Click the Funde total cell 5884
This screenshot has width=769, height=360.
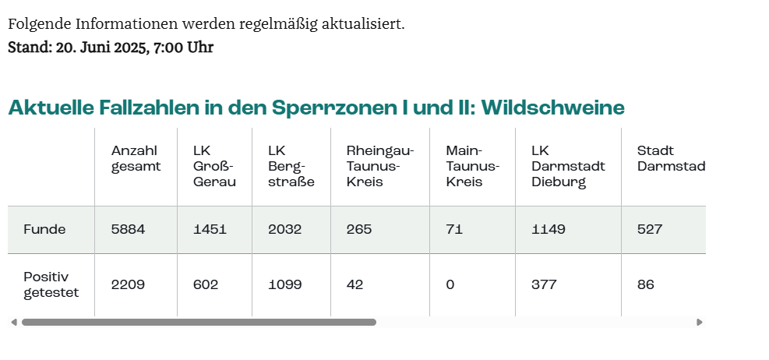point(128,230)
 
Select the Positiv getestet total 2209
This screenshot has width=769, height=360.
point(128,285)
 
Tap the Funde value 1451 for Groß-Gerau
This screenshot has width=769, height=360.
point(210,230)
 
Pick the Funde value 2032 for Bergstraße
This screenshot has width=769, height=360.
point(284,230)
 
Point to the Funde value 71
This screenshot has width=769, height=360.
point(454,230)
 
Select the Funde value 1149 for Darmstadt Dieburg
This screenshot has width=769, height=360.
point(549,230)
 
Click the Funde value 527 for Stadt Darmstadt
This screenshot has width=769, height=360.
point(650,230)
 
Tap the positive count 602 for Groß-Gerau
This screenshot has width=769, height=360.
point(206,285)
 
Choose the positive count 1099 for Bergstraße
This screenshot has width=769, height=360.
point(284,285)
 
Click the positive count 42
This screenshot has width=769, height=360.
point(355,285)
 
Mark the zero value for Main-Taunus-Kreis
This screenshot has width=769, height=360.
point(450,285)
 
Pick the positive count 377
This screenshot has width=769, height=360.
point(544,285)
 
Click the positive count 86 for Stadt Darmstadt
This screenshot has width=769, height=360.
point(646,285)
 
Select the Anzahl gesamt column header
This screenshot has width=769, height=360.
point(136,158)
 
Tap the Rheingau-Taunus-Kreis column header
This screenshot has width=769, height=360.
point(379,166)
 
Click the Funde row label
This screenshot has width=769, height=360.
point(44,230)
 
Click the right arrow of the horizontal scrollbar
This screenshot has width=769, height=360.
point(700,322)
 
